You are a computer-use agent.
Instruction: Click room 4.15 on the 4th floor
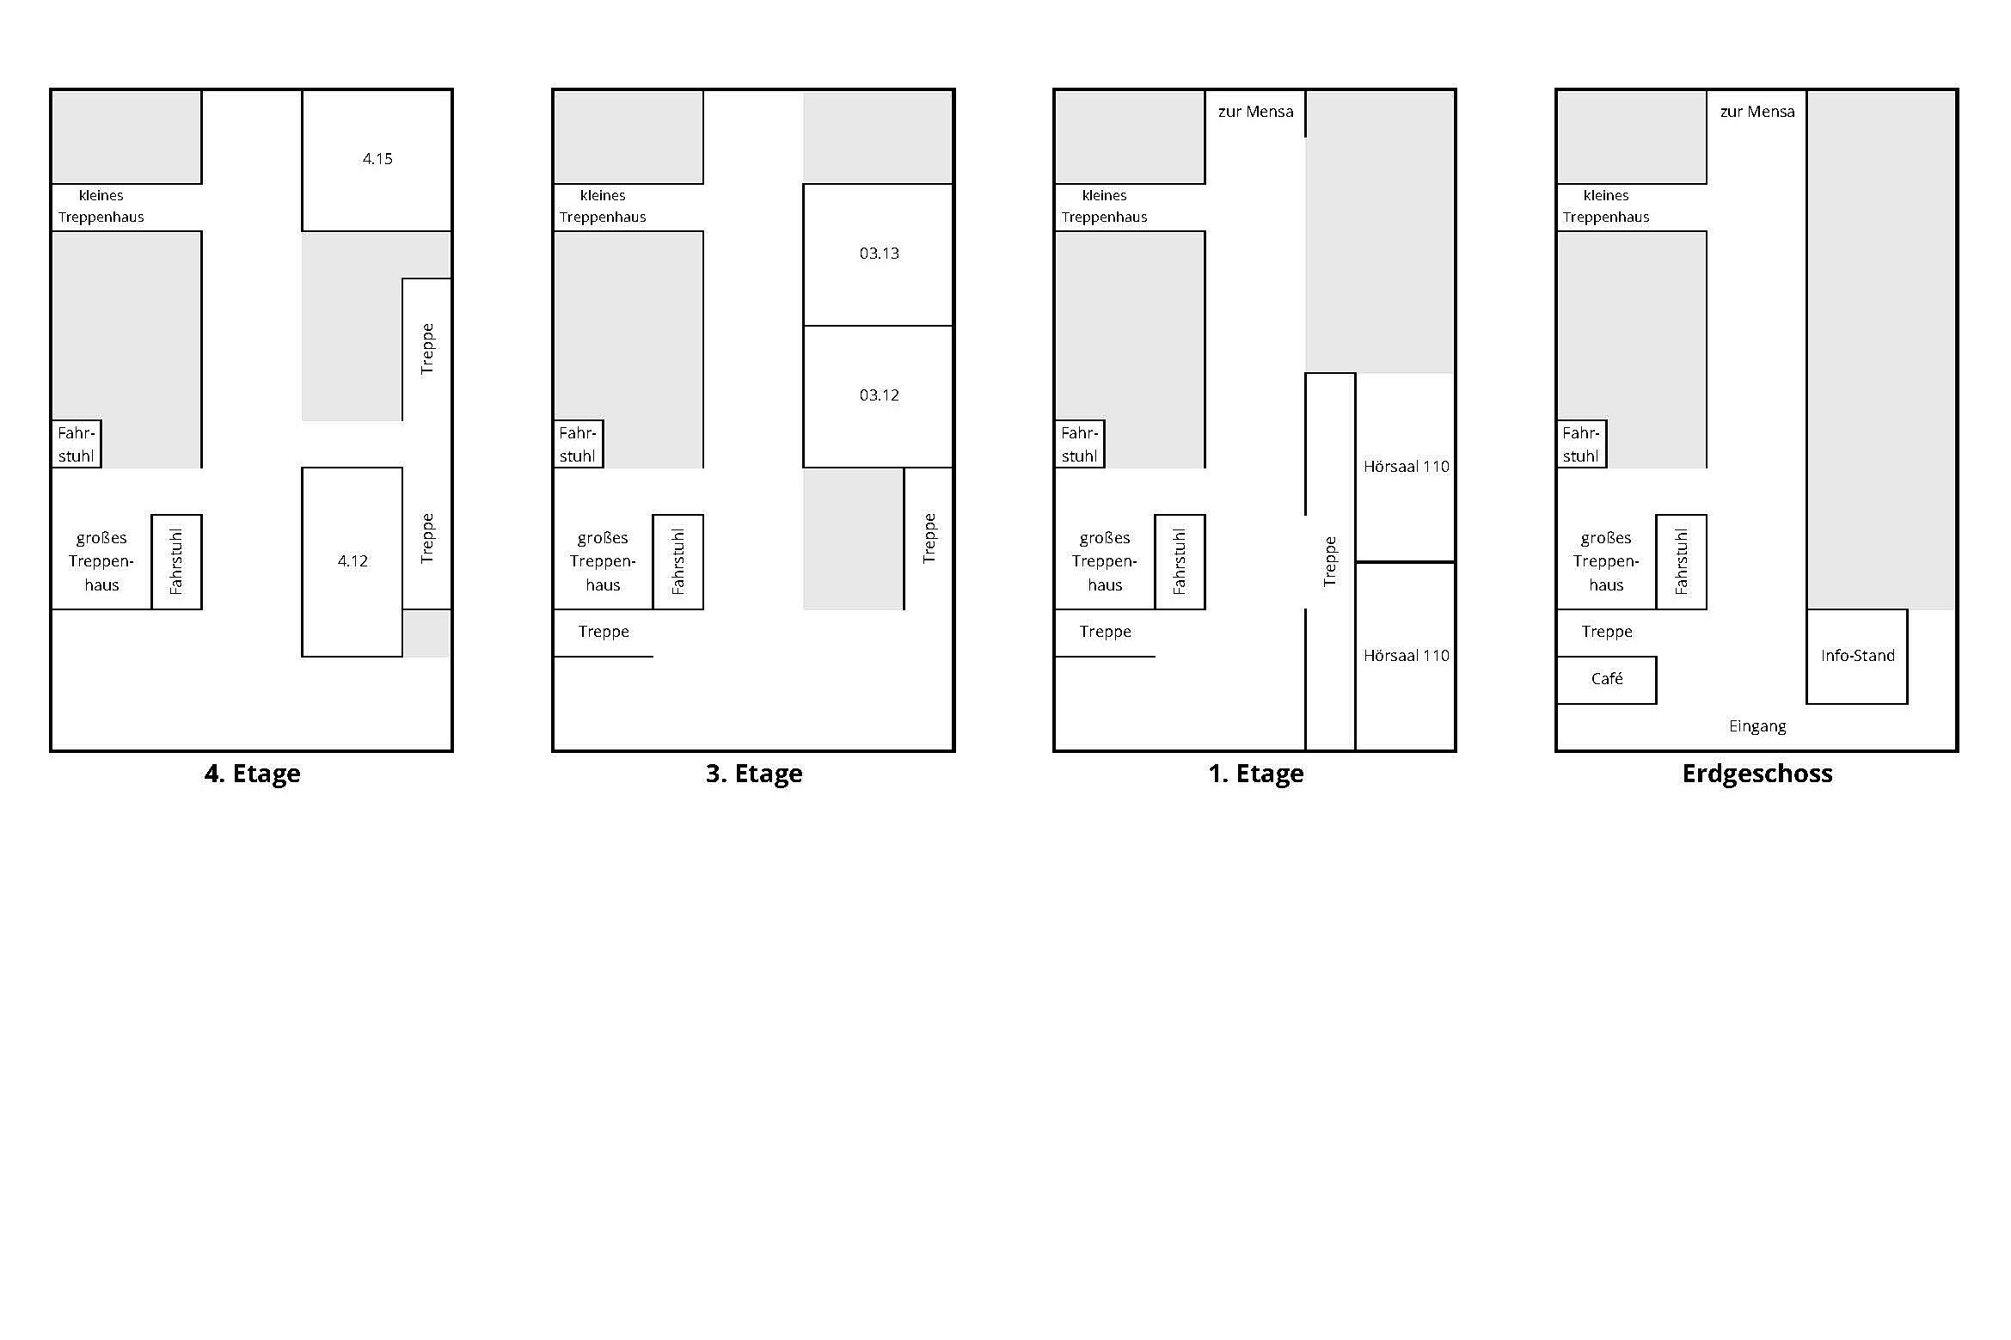(377, 160)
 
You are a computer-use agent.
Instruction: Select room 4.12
(353, 561)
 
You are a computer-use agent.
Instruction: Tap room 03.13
(878, 254)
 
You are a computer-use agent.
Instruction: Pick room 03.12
(878, 396)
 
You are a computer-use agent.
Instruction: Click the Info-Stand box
(1857, 656)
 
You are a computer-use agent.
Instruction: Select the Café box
(1606, 680)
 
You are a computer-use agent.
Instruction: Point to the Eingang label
(1757, 726)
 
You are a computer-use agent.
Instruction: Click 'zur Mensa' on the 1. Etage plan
(1255, 112)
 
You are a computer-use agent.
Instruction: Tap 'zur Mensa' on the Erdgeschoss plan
(1757, 112)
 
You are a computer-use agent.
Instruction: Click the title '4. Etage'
(252, 774)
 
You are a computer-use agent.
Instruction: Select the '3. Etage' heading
(754, 774)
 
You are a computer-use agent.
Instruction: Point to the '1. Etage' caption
(1255, 774)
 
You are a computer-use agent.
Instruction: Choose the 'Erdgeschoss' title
(1757, 774)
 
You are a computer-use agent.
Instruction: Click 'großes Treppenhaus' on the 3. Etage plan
(603, 561)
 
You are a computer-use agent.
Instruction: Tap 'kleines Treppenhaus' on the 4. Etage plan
(101, 206)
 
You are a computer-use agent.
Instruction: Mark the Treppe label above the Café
(1606, 632)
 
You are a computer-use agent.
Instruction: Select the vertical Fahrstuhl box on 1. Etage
(1180, 562)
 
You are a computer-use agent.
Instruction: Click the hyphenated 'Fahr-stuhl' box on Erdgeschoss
(1581, 444)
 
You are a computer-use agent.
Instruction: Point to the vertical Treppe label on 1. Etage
(1330, 561)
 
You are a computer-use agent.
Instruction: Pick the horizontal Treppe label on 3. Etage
(603, 632)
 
